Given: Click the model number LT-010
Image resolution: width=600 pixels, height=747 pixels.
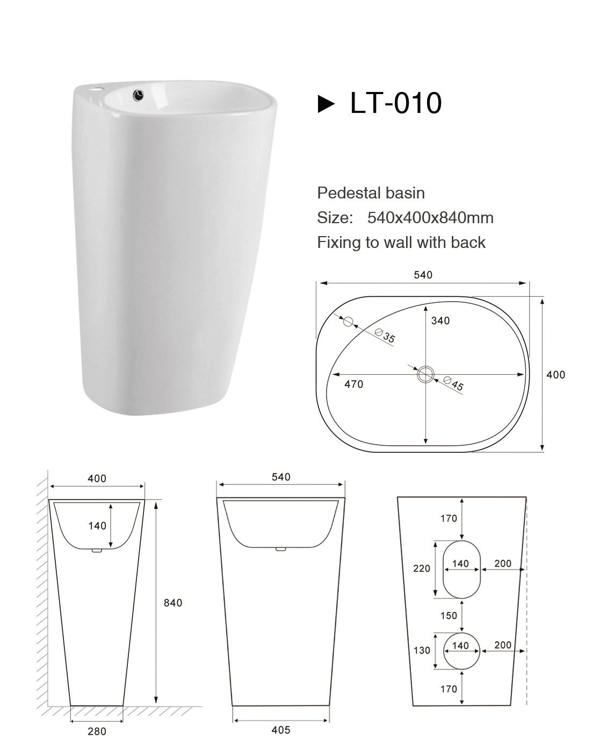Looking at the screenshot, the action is pos(396,103).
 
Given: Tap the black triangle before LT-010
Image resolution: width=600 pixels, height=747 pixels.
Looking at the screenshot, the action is pos(326,103).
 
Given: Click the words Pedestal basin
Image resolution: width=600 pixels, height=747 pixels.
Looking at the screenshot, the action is pos(371,193).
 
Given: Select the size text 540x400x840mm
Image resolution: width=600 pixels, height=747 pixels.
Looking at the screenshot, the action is pos(430,218).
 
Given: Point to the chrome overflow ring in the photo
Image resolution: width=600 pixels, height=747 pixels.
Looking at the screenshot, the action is pos(139,94).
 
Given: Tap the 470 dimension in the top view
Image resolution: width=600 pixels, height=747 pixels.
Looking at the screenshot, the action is pos(354,385).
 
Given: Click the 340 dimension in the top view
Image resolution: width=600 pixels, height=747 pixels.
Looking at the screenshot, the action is pos(440,321).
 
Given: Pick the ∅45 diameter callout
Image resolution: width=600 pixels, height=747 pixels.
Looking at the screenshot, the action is pos(454,383).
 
